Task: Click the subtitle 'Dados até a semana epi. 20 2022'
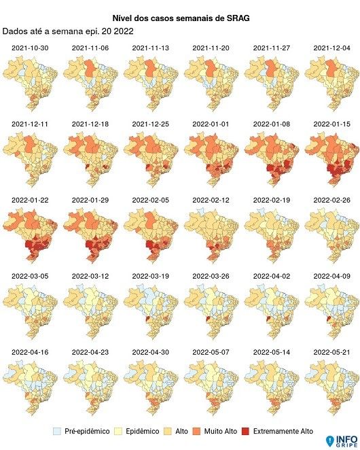pyautogui.click(x=68, y=31)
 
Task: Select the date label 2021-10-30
pyautogui.click(x=29, y=48)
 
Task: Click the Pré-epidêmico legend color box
pyautogui.click(x=58, y=431)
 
